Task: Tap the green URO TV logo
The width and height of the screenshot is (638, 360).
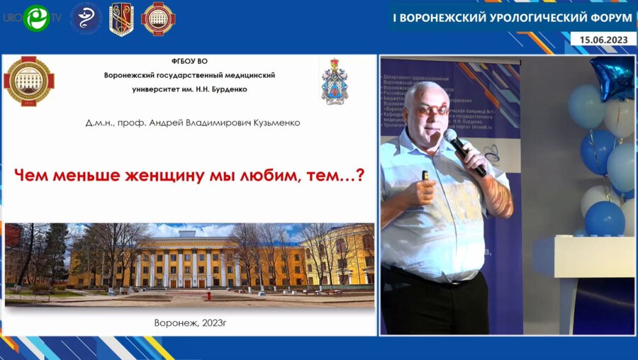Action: point(35,18)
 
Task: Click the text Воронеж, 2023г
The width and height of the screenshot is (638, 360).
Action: point(189,322)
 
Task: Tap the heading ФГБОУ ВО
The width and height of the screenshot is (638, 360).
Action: point(189,62)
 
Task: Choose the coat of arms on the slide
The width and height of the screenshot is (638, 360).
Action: point(334,81)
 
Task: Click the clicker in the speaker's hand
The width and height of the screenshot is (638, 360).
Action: point(425,175)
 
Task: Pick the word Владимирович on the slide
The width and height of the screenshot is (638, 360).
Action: point(212,123)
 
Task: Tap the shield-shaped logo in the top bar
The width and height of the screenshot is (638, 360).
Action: point(121,18)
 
